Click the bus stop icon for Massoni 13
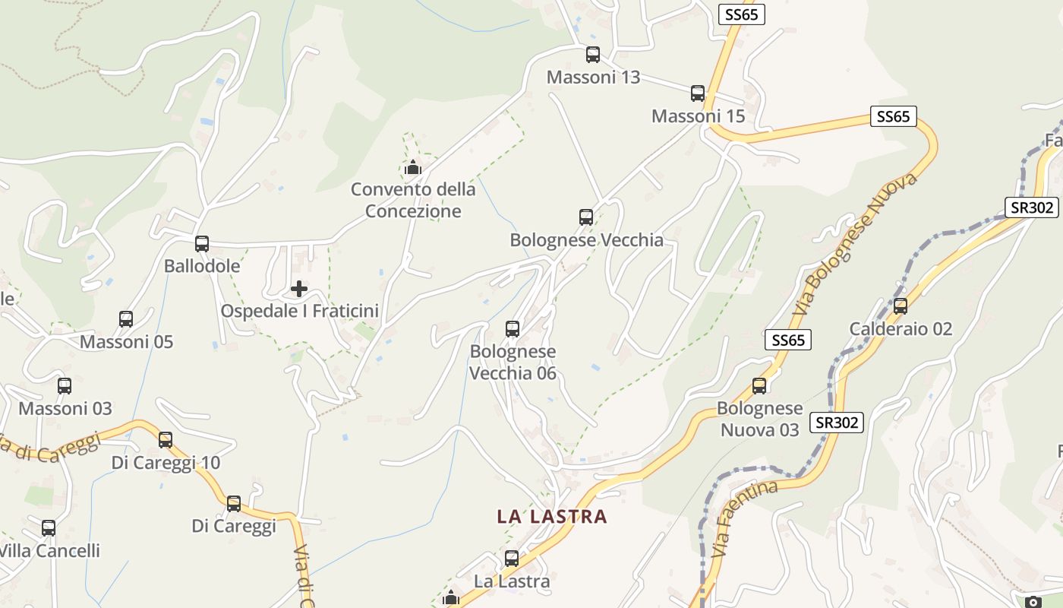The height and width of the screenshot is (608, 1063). (x=593, y=55)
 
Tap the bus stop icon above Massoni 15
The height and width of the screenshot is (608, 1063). (x=698, y=93)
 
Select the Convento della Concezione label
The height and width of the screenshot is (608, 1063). (x=413, y=200)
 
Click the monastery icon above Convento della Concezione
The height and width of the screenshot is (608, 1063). (x=413, y=167)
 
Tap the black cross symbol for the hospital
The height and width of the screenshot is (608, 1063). (x=299, y=289)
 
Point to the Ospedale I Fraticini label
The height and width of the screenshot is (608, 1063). (x=299, y=311)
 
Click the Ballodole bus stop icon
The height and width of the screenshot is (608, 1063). (x=202, y=244)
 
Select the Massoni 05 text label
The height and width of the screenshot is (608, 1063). (x=127, y=342)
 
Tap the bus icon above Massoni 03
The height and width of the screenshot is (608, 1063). (x=65, y=386)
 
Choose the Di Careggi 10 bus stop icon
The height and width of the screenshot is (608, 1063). (x=166, y=439)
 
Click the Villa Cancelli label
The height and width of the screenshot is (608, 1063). (x=49, y=550)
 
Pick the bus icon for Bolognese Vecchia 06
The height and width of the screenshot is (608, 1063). (x=513, y=329)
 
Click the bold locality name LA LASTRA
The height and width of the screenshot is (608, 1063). (x=552, y=517)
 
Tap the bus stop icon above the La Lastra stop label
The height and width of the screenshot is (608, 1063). (x=512, y=559)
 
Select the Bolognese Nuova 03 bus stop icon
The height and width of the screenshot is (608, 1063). (x=759, y=386)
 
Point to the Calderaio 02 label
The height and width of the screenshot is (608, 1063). (x=901, y=329)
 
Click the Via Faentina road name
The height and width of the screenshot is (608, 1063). (x=746, y=518)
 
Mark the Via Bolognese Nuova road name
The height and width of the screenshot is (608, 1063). (x=856, y=245)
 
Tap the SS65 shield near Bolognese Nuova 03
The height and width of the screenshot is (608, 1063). (x=788, y=340)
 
